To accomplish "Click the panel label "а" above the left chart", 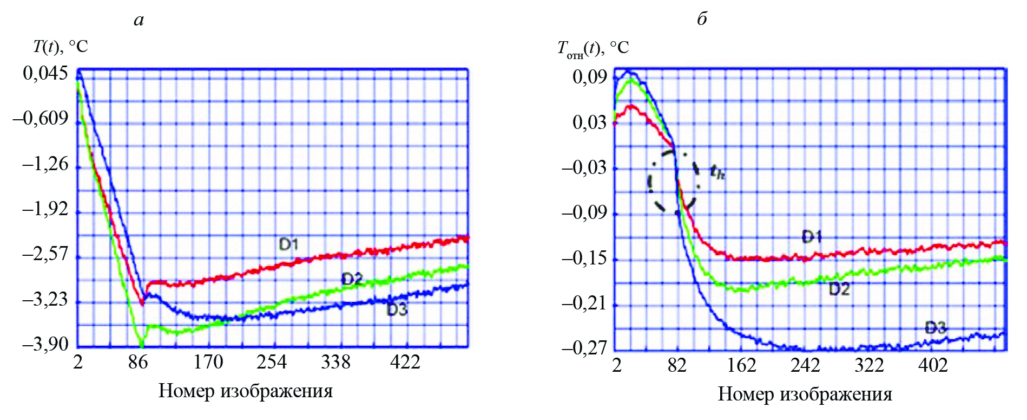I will [x=139, y=21].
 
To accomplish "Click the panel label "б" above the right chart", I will [x=702, y=20].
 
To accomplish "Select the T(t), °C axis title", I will [x=60, y=47].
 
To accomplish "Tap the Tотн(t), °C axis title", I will [x=593, y=49].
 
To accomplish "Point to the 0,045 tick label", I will [x=45, y=73].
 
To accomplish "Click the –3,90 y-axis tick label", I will [x=45, y=344].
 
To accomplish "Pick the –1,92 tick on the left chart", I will [x=45, y=209].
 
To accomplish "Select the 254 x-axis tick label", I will [x=271, y=362].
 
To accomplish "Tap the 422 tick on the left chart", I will [x=405, y=362].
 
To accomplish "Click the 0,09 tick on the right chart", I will [x=590, y=77].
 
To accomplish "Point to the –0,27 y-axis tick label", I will [x=584, y=347].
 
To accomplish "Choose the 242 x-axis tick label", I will [x=805, y=365].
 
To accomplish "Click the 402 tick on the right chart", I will [x=933, y=365].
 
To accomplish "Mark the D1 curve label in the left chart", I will [x=288, y=244].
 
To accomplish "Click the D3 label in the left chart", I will [x=397, y=310].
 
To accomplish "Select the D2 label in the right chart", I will [x=839, y=289].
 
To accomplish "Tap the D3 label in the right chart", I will [x=936, y=328].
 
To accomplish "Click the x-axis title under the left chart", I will [x=245, y=391].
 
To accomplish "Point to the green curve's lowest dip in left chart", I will [x=142, y=344].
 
